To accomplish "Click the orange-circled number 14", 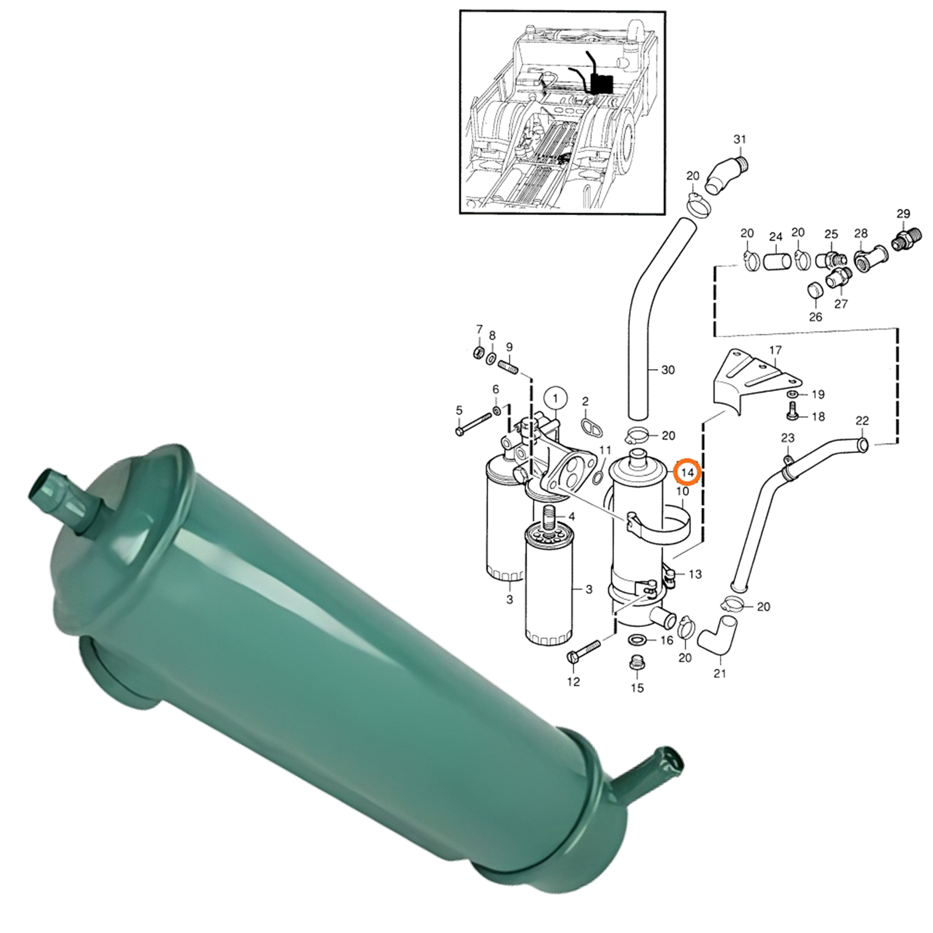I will (687, 472).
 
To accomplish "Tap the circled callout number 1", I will (555, 399).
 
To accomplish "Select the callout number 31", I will (739, 139).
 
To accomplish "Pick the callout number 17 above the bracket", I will (775, 350).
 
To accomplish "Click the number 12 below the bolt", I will (573, 682).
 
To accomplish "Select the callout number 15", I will (638, 688).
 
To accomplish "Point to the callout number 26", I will (815, 317).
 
